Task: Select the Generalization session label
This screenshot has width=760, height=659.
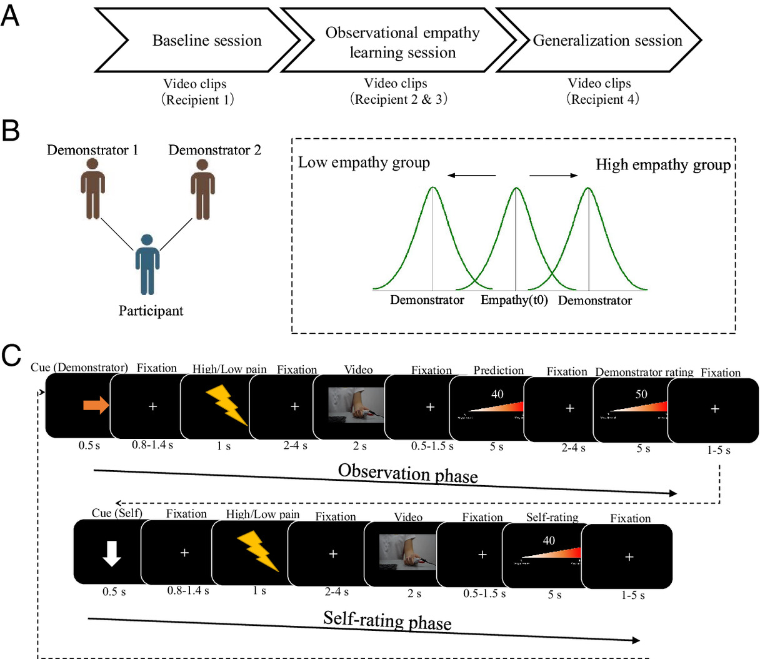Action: click(607, 41)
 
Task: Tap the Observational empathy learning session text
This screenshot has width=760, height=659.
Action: click(402, 43)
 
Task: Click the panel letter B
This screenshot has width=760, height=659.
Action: click(11, 131)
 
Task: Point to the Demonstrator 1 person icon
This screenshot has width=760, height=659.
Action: click(92, 189)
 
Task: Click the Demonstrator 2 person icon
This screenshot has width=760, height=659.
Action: click(202, 189)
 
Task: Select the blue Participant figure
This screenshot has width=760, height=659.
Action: click(147, 264)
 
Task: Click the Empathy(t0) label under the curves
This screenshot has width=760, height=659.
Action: click(514, 300)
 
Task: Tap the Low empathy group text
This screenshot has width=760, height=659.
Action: click(364, 163)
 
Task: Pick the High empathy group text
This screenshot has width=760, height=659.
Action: click(663, 164)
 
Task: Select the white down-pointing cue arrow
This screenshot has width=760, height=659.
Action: click(112, 553)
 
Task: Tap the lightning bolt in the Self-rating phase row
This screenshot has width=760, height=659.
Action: click(257, 551)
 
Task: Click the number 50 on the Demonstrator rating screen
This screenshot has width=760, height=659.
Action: click(641, 395)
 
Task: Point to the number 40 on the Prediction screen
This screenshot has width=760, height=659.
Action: click(497, 394)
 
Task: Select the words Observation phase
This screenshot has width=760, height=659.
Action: click(407, 473)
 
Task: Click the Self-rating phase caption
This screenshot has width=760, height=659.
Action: click(387, 620)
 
